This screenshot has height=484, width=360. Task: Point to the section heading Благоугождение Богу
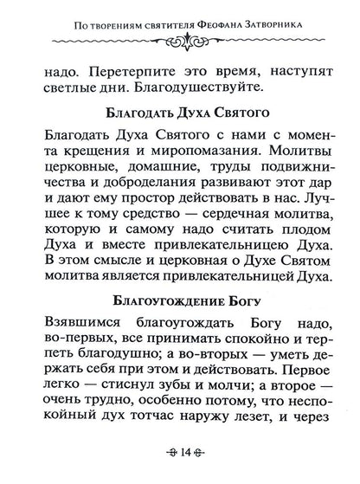(x=179, y=300)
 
